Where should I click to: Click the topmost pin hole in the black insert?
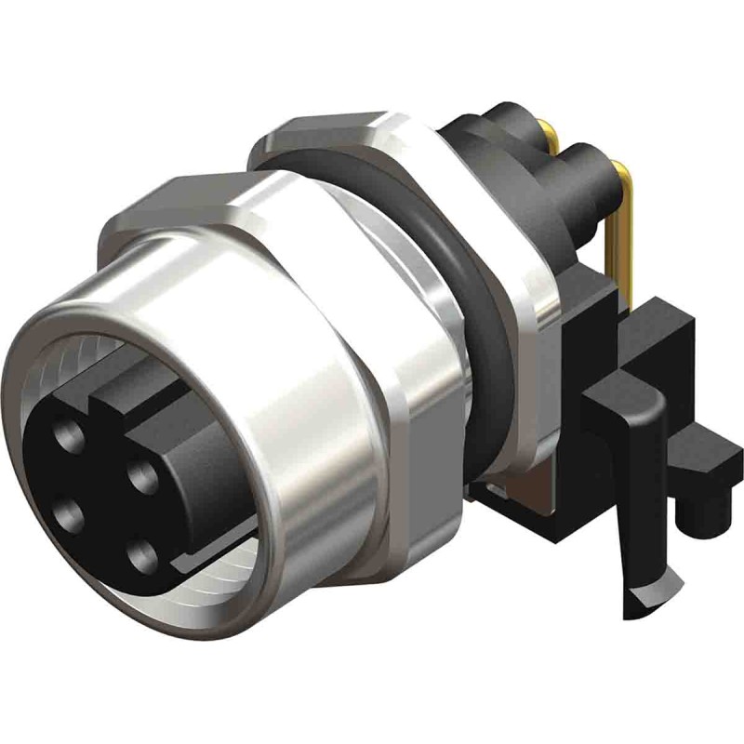[x=70, y=435]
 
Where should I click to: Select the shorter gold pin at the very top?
[x=549, y=139]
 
